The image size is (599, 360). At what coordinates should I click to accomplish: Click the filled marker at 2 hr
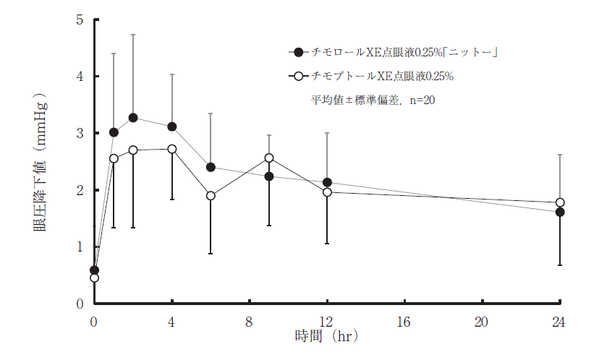[133, 118]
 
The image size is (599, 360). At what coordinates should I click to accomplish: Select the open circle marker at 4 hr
[172, 149]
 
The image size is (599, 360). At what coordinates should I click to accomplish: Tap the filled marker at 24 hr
[560, 212]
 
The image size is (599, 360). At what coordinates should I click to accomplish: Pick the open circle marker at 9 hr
[269, 158]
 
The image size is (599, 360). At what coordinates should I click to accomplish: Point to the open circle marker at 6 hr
[211, 195]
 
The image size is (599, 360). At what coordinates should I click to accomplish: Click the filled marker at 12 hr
[327, 182]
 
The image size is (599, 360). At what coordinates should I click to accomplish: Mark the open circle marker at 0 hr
[94, 278]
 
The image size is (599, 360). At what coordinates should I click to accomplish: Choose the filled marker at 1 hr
[114, 132]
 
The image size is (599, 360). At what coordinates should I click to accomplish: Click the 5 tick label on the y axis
[80, 20]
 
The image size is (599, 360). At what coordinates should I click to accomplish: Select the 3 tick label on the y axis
[80, 134]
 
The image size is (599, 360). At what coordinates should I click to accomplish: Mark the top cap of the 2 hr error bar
[133, 35]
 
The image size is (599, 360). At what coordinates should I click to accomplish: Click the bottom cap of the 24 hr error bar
[560, 265]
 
